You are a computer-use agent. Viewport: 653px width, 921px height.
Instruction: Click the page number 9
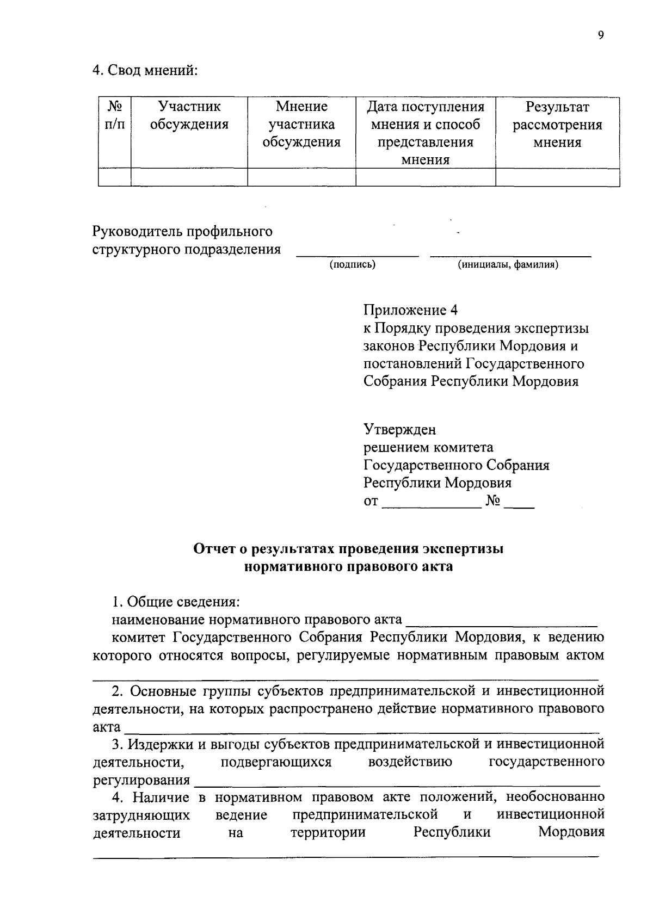click(x=600, y=35)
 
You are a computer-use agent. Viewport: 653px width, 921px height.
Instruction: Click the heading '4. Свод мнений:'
click(x=145, y=70)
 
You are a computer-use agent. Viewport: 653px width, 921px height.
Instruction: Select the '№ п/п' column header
click(x=114, y=115)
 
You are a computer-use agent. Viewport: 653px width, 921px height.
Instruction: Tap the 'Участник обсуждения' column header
click(x=189, y=115)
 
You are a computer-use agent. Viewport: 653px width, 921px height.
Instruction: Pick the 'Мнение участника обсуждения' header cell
click(x=301, y=124)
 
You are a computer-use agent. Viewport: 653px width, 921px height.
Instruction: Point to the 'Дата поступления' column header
click(x=426, y=107)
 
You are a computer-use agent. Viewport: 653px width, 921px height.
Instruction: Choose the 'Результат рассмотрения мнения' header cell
click(x=557, y=125)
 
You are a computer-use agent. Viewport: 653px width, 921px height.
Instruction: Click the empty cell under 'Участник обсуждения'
click(x=189, y=177)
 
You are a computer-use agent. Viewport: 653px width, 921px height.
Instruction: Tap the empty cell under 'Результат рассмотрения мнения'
click(x=557, y=177)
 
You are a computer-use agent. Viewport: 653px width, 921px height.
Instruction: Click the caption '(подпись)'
click(x=352, y=265)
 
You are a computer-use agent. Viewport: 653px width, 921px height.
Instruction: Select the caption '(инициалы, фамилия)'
click(x=508, y=265)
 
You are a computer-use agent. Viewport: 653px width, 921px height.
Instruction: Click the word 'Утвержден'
click(x=399, y=430)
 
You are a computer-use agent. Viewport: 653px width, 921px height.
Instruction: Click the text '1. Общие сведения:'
click(x=176, y=602)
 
